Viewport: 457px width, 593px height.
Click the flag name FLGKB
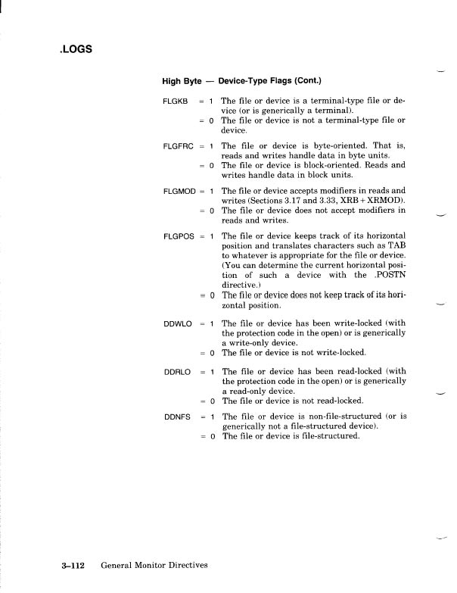[x=175, y=101]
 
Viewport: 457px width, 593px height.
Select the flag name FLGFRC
[x=178, y=145]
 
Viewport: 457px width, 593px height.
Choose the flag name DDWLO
[x=176, y=323]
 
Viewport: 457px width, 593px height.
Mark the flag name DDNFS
[x=176, y=417]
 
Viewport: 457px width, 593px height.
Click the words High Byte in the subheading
[x=181, y=80]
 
